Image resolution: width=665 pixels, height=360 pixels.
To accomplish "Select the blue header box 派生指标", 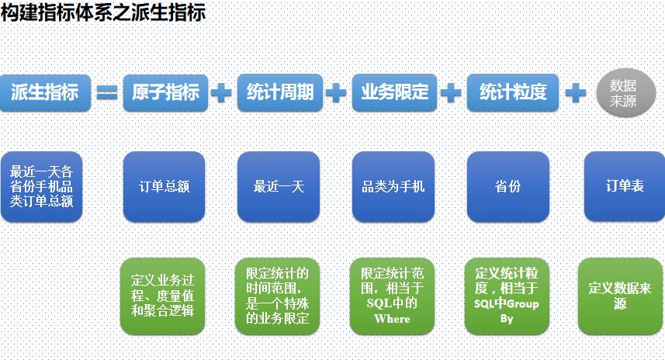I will pos(45,93).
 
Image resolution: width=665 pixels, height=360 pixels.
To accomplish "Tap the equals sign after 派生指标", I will pos(106,93).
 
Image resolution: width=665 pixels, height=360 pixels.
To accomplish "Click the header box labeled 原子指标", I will pos(165,93).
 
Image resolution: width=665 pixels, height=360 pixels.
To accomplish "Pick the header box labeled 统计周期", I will pos(280,93).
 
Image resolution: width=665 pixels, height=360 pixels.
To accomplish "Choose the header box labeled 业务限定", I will pos(394,93).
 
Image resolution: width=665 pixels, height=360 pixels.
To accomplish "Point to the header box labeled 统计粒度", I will pos(513,93).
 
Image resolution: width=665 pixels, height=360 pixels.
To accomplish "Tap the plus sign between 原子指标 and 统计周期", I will pos(221,93).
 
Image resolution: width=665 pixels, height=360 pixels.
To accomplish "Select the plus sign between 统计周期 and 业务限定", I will pos(336,93).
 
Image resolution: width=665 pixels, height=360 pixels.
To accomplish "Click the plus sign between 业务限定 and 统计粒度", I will pos(450,93).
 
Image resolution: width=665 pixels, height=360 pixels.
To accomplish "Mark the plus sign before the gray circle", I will pos(575,93).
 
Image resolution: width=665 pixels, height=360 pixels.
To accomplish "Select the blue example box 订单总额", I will pos(164,187).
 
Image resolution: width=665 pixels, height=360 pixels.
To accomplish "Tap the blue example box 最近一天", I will pos(279,187).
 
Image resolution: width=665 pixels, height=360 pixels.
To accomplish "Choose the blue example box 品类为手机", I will pos(393,187).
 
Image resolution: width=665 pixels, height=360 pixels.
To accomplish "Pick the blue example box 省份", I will pos(507,187).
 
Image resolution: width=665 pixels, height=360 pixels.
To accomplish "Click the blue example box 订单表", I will pos(624,187).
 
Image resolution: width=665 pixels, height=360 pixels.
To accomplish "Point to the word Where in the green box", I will pos(392,318).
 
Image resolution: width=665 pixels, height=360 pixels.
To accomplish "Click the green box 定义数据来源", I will pos(620,296).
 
